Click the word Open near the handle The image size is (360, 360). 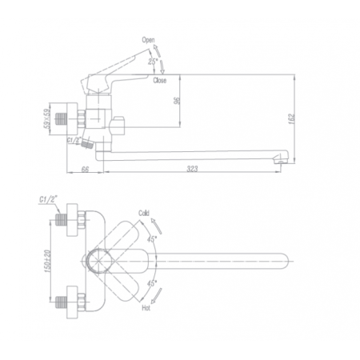148,39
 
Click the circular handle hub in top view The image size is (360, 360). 99,261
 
